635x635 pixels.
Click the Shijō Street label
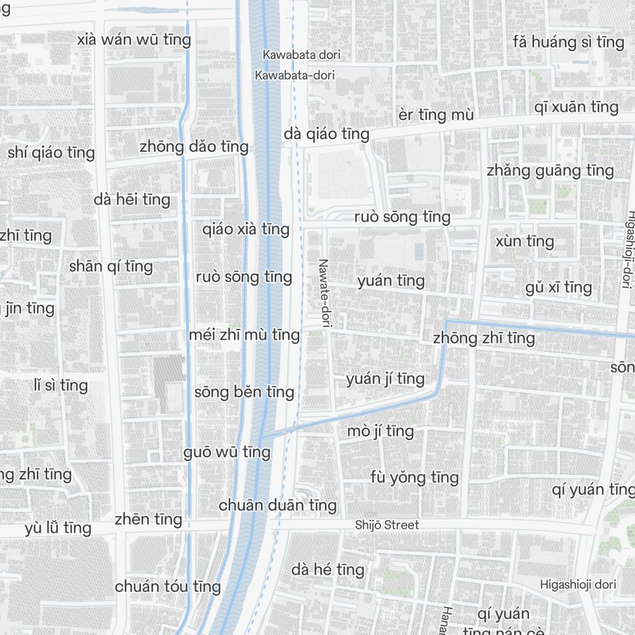tap(387, 525)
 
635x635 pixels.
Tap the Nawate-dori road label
tap(324, 293)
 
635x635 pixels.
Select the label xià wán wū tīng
tap(134, 39)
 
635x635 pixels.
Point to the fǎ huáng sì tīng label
tap(568, 43)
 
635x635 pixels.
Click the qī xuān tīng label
tap(576, 107)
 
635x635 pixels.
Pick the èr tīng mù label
tap(436, 115)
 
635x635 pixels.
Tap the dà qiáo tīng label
tap(326, 134)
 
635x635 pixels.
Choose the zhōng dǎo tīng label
tap(194, 147)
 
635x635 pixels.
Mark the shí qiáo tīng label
tap(51, 152)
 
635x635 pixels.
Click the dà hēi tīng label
tap(132, 199)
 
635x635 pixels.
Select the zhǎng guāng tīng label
tap(550, 170)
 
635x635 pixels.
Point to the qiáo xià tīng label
tap(246, 229)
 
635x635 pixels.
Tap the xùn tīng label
tap(525, 241)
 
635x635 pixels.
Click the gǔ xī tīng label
tap(558, 287)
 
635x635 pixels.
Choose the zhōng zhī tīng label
tap(484, 338)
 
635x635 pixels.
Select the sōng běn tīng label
tap(244, 392)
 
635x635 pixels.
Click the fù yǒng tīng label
tap(414, 477)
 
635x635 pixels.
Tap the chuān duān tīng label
tap(277, 505)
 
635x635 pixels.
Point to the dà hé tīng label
tap(328, 570)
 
